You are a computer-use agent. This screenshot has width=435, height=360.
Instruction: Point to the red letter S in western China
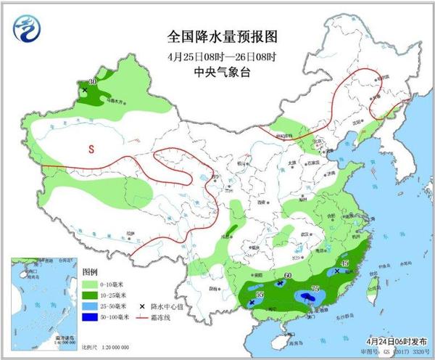pyautogui.click(x=91, y=150)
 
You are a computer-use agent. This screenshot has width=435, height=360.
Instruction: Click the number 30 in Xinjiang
pyautogui.click(x=92, y=82)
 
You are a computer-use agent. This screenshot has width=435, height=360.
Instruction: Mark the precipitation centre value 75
pyautogui.click(x=315, y=289)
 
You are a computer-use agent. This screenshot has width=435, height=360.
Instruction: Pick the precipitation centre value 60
pyautogui.click(x=288, y=276)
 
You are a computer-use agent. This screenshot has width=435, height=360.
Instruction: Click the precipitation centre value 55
pyautogui.click(x=260, y=294)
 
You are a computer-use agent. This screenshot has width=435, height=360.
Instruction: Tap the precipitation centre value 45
pyautogui.click(x=345, y=263)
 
